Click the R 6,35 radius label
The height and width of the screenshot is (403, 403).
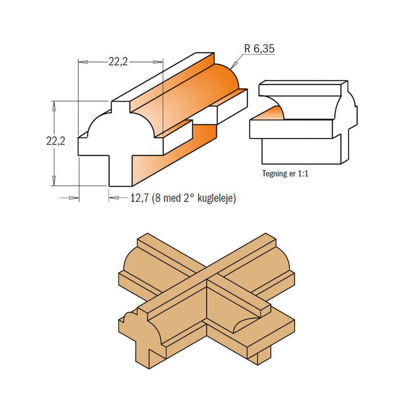point(260,49)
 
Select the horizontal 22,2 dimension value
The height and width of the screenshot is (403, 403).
point(118,62)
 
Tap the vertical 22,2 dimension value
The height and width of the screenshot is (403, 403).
point(56,141)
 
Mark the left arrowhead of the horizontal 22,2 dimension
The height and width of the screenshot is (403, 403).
point(83,62)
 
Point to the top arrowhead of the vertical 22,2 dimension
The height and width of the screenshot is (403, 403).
point(53,104)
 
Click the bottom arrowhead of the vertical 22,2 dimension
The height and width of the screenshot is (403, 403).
point(53,182)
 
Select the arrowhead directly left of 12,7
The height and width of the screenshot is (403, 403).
point(114,198)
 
